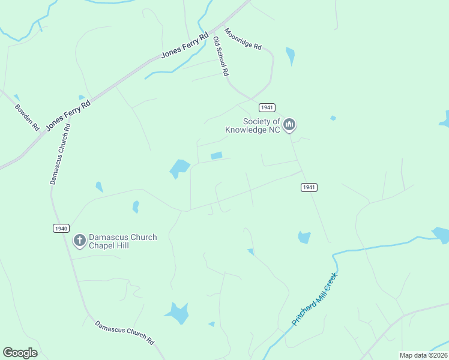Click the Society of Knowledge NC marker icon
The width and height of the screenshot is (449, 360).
[x=289, y=124]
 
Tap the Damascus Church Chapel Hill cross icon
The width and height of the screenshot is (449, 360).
[x=79, y=241]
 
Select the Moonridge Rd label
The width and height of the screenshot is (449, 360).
[x=243, y=39]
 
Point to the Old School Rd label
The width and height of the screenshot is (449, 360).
[x=221, y=56]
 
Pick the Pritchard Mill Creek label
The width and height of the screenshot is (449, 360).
[x=315, y=299]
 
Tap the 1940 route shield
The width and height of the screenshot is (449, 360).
[x=61, y=228]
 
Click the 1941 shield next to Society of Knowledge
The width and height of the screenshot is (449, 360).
[x=267, y=107]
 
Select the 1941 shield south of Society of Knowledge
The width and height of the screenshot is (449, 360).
[x=309, y=187]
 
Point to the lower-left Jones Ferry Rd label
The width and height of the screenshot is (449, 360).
[x=68, y=115]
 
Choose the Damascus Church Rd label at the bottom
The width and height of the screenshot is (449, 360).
[x=125, y=333]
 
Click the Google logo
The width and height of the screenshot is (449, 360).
[x=20, y=353]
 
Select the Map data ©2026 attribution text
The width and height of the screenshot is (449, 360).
[x=423, y=355]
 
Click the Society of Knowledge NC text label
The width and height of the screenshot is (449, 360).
[x=253, y=125]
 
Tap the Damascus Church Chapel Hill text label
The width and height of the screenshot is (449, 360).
[x=122, y=241]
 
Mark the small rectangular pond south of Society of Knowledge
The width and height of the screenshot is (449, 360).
[x=216, y=156]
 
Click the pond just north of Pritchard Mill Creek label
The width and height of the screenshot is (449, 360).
[x=304, y=237]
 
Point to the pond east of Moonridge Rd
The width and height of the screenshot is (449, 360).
[x=291, y=56]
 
